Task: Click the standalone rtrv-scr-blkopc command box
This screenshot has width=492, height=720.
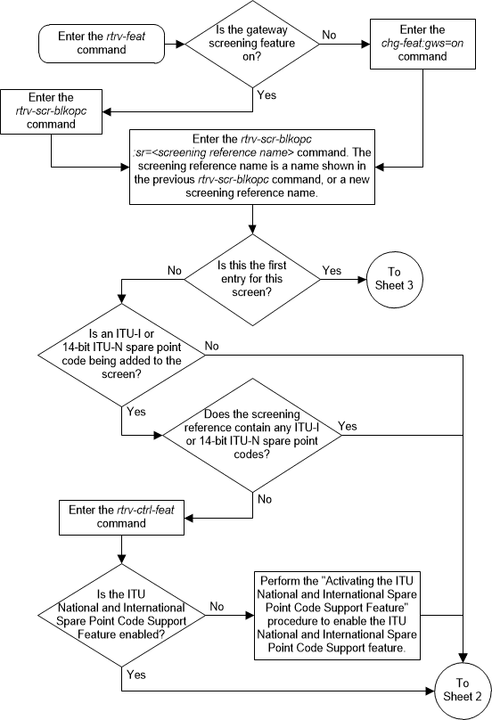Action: (x=52, y=112)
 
